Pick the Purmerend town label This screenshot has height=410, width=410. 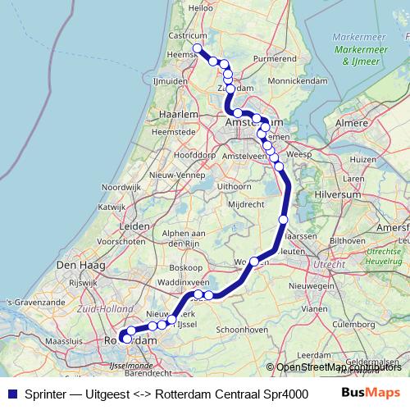(x=275, y=59)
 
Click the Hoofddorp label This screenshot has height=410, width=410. (x=194, y=154)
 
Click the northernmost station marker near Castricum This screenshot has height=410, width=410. (x=198, y=49)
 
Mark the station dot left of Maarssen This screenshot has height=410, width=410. (x=283, y=219)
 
